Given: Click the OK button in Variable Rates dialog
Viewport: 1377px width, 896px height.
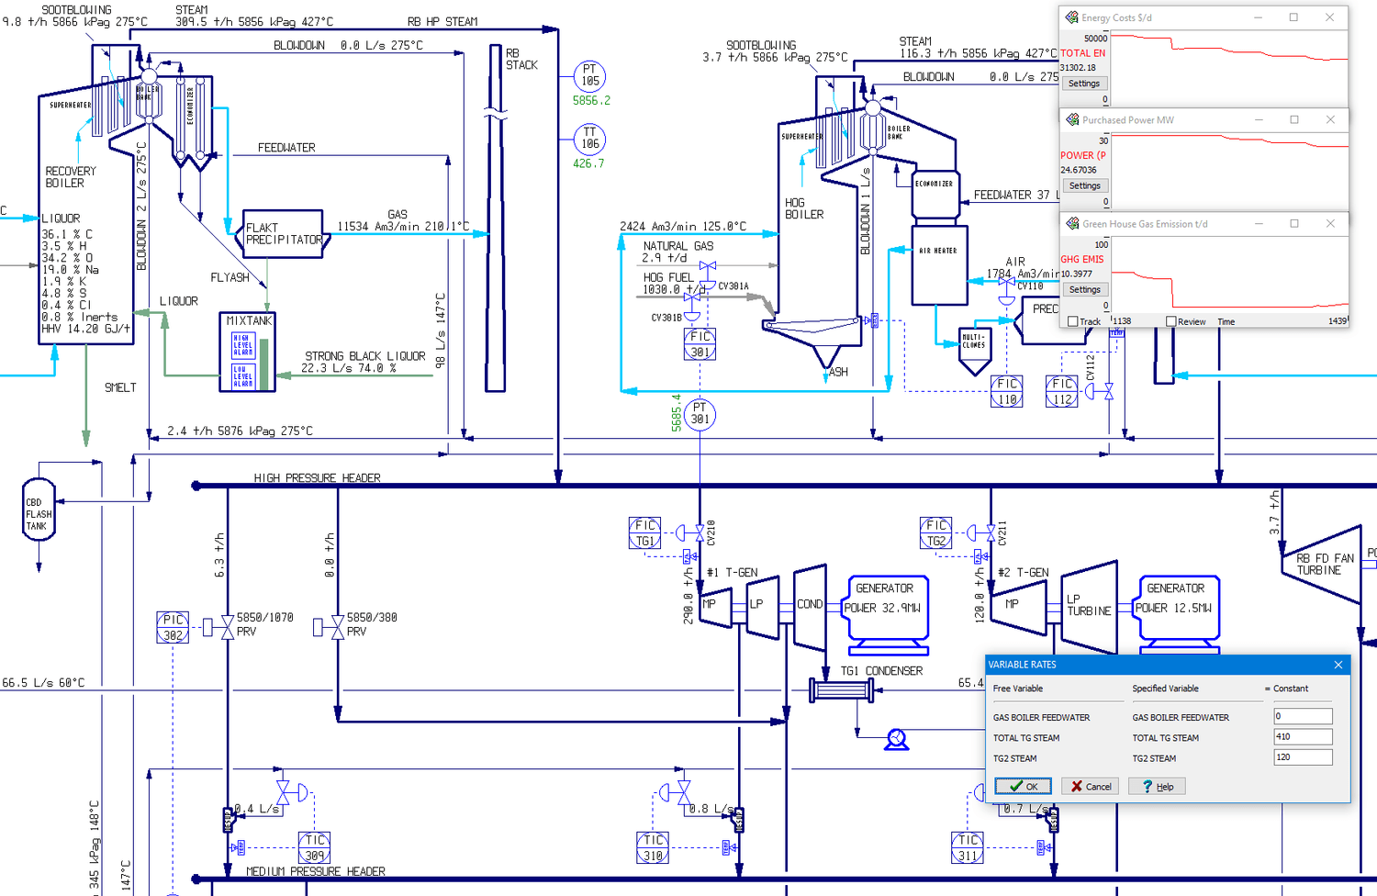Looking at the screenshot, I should pos(1023,786).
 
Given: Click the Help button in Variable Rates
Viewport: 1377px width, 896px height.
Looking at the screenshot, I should pos(1157,786).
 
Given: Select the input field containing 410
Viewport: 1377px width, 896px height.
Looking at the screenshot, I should pos(1303,737).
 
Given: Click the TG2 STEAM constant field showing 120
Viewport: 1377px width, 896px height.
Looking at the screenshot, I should pos(1303,757).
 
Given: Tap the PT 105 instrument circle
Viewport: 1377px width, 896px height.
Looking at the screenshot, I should pos(589,75).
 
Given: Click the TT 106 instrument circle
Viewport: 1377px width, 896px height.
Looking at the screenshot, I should pos(589,139).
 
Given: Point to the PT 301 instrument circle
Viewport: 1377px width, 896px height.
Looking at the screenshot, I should pos(700,414).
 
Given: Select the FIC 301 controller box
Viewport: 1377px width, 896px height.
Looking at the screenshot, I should pos(700,344).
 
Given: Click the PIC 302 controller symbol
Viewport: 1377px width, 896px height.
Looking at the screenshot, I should pos(173,627).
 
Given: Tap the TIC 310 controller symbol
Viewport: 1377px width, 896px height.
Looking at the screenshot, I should pos(653,847).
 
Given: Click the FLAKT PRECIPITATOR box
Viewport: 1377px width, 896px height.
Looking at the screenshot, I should pos(284,233).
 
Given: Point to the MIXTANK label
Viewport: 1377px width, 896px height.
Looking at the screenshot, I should pos(249,321).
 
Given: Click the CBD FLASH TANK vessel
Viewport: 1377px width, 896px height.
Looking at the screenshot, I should pos(39,510).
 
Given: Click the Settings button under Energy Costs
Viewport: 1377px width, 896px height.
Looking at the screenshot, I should pos(1083,84).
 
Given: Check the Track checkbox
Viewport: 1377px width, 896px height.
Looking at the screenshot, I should pos(1072,321).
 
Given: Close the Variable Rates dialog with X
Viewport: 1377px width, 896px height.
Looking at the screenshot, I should pos(1338,665).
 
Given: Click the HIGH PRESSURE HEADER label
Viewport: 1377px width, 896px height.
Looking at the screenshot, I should pos(317,478).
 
